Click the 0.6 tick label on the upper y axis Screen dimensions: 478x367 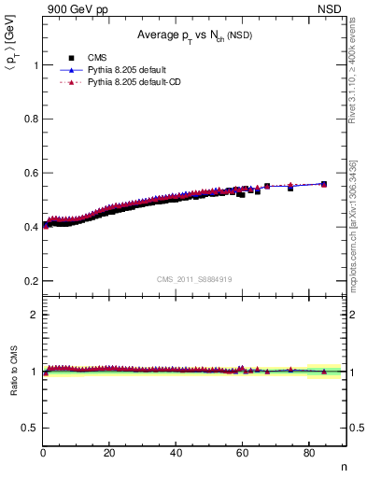click(x=31, y=173)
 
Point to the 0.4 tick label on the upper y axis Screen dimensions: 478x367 click(x=31, y=227)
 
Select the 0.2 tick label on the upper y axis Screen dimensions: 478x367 click(x=31, y=281)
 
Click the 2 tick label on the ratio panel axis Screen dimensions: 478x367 click(x=35, y=315)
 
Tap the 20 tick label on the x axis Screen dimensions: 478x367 click(x=109, y=453)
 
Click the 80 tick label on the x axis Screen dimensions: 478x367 click(x=308, y=453)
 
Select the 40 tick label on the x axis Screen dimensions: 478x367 click(x=176, y=453)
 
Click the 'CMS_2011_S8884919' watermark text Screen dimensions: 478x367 click(x=194, y=279)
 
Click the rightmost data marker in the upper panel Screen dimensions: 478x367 click(x=324, y=184)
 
